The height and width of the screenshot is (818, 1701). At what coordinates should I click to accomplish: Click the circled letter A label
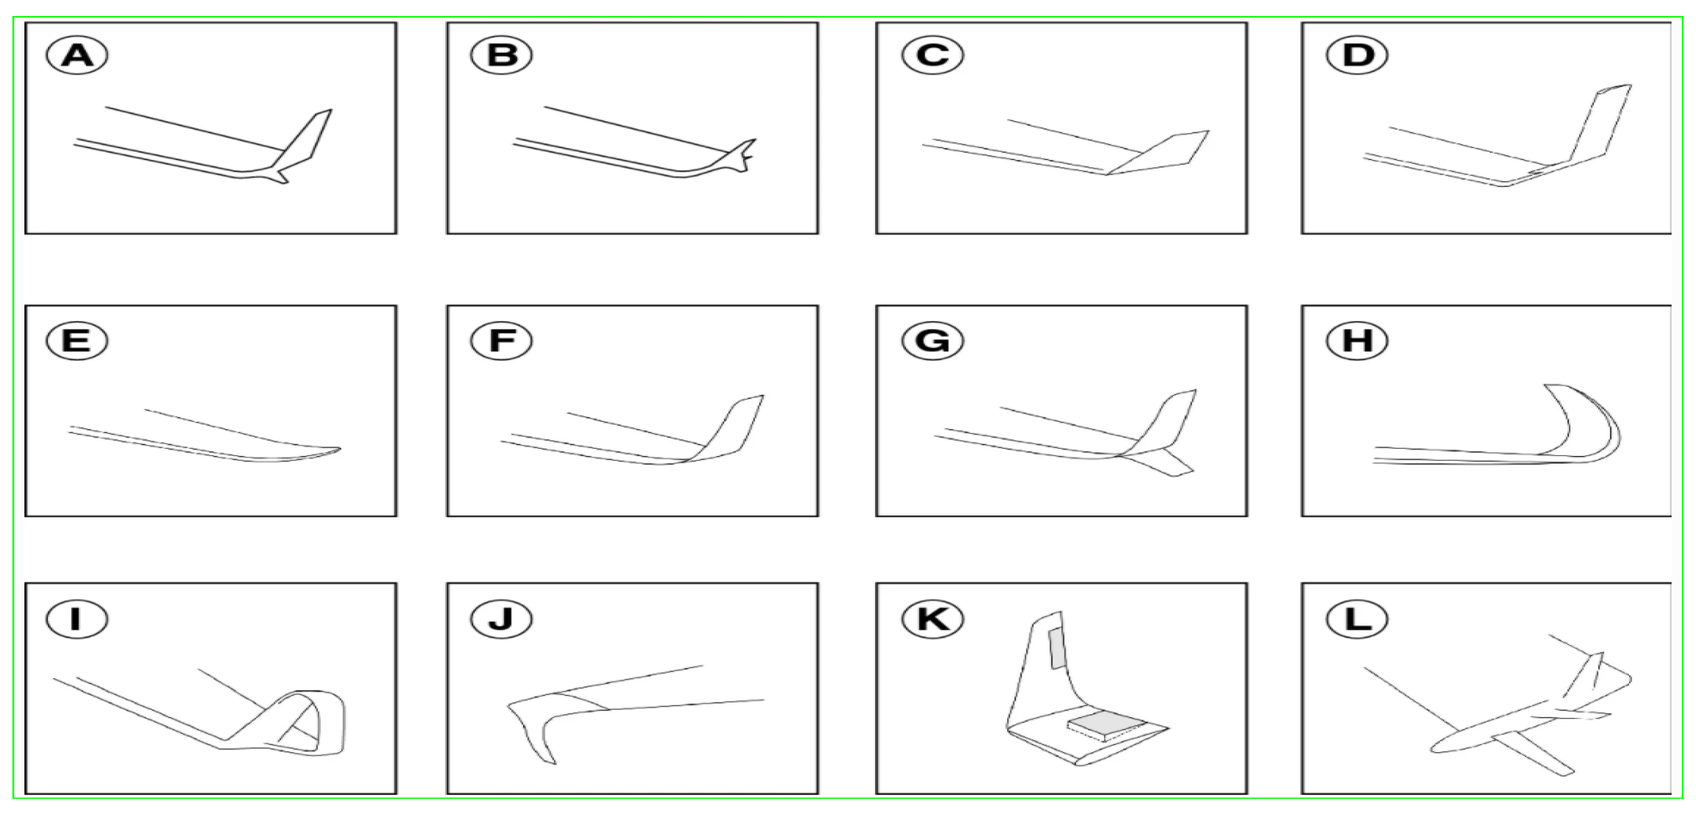(x=77, y=55)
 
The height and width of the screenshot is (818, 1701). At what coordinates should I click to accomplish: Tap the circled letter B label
(x=502, y=55)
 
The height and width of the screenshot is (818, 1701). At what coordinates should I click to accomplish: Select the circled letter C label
(x=933, y=55)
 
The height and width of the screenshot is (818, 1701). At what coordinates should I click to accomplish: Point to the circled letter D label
(x=1358, y=55)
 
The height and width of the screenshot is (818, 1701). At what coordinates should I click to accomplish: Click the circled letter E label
(x=77, y=341)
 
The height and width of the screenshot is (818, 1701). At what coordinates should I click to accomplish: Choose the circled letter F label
(x=502, y=341)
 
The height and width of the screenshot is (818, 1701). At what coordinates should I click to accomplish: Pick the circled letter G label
(x=933, y=341)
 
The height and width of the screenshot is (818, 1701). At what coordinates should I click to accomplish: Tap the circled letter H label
(x=1358, y=341)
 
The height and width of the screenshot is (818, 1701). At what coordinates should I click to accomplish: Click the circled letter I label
(x=77, y=619)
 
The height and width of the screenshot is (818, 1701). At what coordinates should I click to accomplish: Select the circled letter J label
(x=502, y=619)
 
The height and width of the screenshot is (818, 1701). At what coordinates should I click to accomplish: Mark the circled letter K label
(x=933, y=619)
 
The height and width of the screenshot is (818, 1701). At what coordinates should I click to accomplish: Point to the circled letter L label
(x=1358, y=619)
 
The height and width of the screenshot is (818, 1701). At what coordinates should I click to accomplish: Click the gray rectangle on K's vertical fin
(x=1056, y=648)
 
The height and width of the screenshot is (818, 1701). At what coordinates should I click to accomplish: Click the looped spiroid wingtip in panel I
(x=310, y=723)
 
